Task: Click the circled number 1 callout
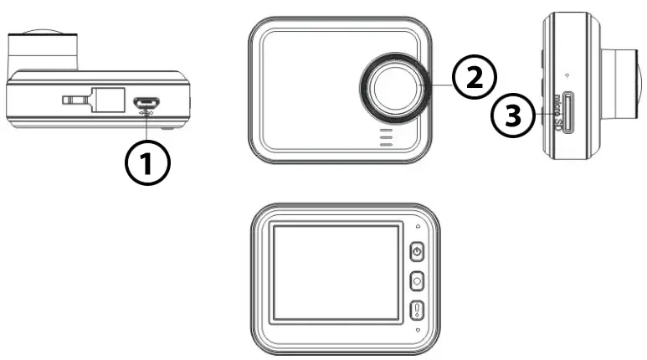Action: coord(148,162)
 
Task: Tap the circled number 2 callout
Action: coord(474,78)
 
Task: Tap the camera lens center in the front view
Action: coord(395,88)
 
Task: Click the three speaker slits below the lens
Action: coord(386,138)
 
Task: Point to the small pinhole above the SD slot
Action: coord(567,72)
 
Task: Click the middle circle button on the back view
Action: coord(417,282)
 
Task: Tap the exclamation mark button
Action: coord(417,311)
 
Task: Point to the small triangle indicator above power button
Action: coord(417,226)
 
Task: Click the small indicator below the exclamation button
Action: coord(417,332)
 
